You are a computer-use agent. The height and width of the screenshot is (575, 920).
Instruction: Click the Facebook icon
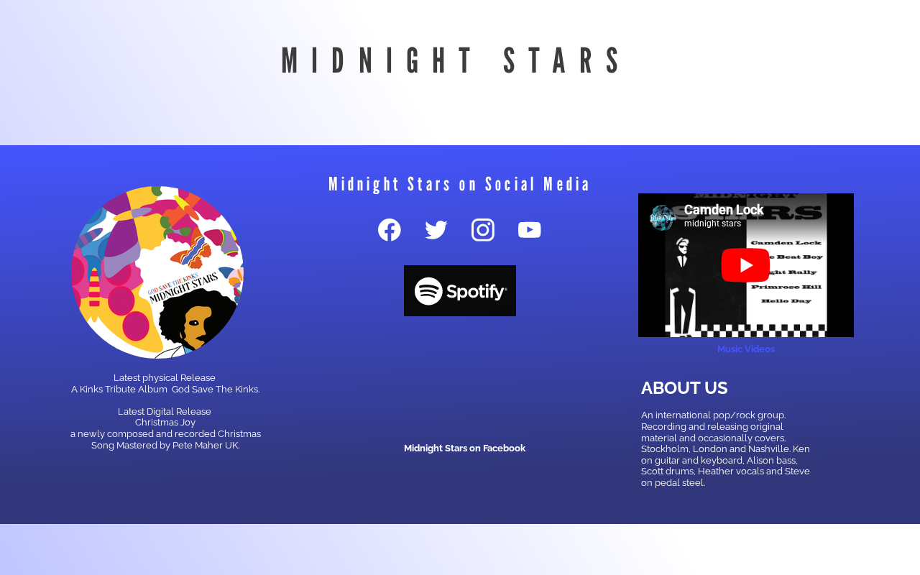click(x=390, y=229)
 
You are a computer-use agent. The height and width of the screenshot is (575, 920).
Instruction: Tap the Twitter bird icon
click(x=436, y=229)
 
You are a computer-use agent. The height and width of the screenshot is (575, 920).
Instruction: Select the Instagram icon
click(x=482, y=229)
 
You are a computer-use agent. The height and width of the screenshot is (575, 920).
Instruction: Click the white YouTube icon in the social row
click(x=530, y=229)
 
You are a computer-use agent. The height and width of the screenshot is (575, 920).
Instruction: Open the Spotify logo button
click(x=460, y=291)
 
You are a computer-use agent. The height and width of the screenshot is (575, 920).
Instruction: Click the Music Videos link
click(x=746, y=349)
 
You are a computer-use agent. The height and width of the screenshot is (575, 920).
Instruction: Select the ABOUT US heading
click(x=684, y=388)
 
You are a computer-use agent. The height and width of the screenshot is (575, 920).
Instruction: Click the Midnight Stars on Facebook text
click(x=464, y=448)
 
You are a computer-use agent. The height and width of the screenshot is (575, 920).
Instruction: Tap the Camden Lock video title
click(x=724, y=210)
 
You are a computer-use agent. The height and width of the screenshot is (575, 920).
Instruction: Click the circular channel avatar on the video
click(x=663, y=218)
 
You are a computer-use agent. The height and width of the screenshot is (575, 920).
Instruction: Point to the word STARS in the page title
click(x=562, y=60)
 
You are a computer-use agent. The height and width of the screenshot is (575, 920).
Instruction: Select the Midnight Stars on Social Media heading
click(x=459, y=184)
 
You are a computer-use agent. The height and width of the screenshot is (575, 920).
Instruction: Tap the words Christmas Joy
click(x=165, y=423)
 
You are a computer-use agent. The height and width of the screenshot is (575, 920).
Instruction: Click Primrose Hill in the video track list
click(x=786, y=287)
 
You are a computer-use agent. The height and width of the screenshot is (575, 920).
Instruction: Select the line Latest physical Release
click(x=165, y=378)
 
